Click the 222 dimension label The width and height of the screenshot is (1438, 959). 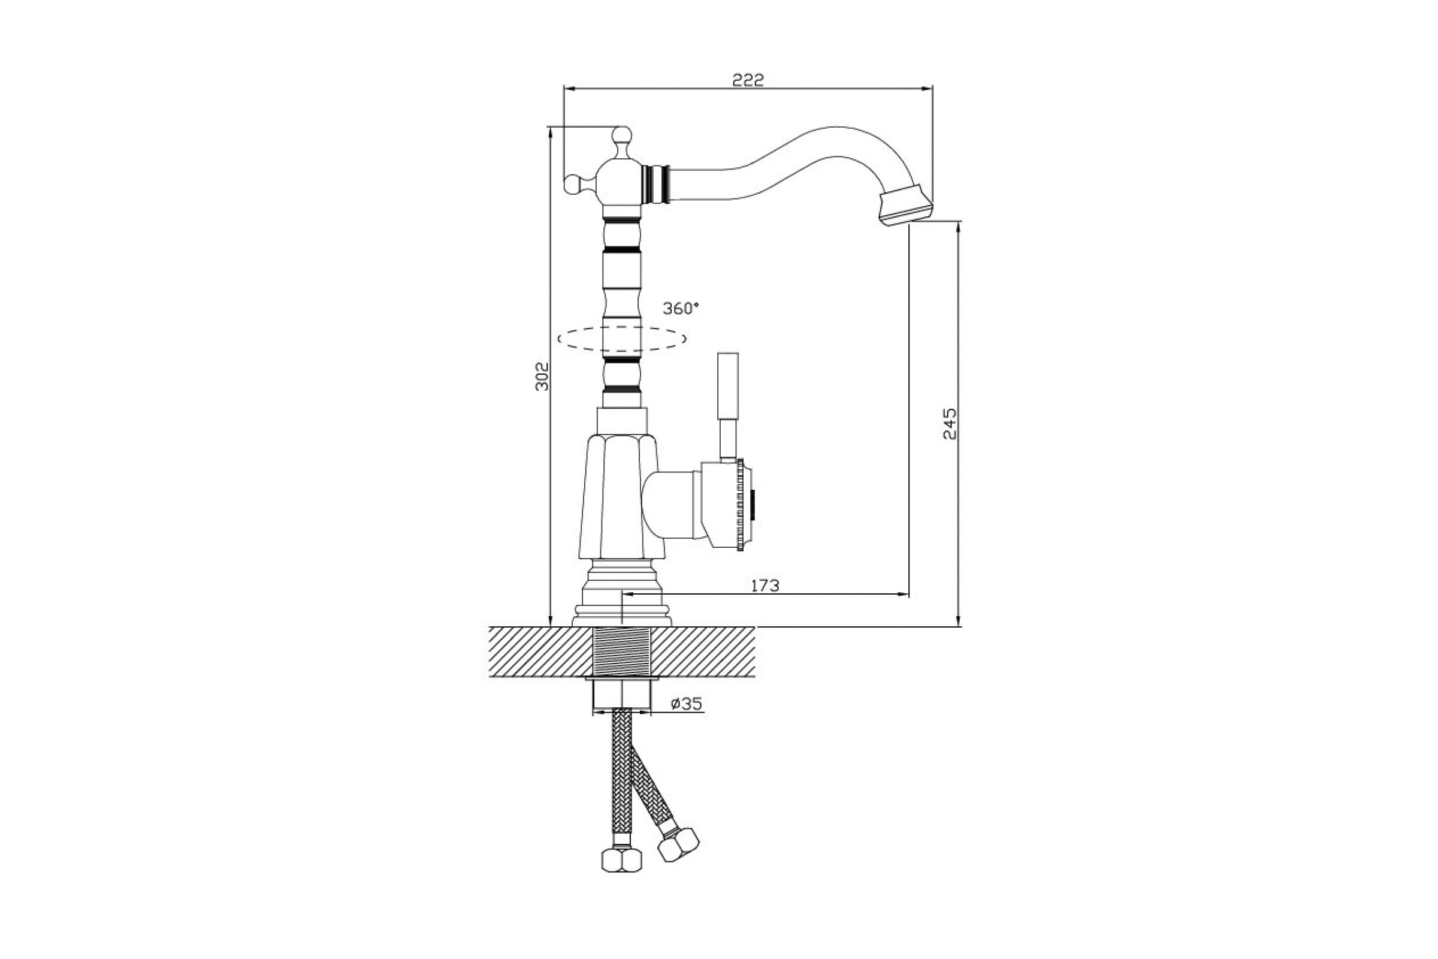pos(748,80)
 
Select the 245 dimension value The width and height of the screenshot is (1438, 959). pos(950,424)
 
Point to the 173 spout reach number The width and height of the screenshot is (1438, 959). pos(765,586)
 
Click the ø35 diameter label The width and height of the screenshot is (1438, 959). pos(686,704)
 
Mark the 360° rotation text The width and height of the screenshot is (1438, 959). pos(681,308)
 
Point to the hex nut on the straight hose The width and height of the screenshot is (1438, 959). pos(622,860)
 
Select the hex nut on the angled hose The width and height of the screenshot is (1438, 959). pos(678,844)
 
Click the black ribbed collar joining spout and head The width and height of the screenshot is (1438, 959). pos(656,183)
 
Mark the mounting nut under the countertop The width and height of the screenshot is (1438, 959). pos(622,695)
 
